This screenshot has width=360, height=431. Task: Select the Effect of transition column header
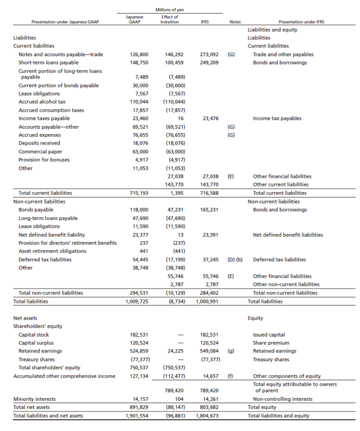coord(171,20)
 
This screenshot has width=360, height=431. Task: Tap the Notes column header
coord(235,22)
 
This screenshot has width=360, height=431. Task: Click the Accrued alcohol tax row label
coord(42,101)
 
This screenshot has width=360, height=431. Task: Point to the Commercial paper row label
coord(40,151)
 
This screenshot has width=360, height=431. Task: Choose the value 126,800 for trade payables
coord(139,55)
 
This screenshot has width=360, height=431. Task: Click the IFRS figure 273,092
coord(209,55)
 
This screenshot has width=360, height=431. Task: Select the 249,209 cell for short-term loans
coord(209,62)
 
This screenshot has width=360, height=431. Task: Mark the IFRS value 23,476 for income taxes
coord(210,118)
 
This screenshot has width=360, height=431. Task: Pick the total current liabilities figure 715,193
coord(139,193)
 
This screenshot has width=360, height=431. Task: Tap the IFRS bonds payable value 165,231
coord(209,209)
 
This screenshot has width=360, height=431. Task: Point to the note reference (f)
coord(231,376)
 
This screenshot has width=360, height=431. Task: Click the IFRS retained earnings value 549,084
coord(209,351)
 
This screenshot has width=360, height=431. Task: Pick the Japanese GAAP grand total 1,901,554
coord(136,416)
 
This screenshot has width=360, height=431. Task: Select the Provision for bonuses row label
coord(41,159)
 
